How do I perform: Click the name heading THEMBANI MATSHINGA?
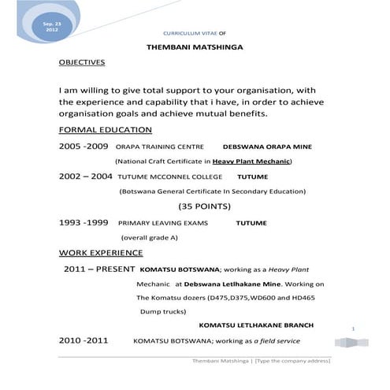pyautogui.click(x=195, y=47)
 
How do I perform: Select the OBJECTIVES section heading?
pyautogui.click(x=82, y=61)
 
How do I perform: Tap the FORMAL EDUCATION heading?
pyautogui.click(x=106, y=130)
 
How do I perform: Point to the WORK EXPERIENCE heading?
pyautogui.click(x=101, y=253)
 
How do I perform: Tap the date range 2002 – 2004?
pyautogui.click(x=86, y=176)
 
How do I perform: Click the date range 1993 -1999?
pyautogui.click(x=84, y=223)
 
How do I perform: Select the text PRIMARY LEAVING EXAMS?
pyautogui.click(x=163, y=224)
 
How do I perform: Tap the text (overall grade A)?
pyautogui.click(x=149, y=237)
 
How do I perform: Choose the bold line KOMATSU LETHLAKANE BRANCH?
pyautogui.click(x=256, y=325)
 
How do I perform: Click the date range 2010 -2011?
pyautogui.click(x=84, y=340)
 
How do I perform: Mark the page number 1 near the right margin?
pyautogui.click(x=354, y=329)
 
